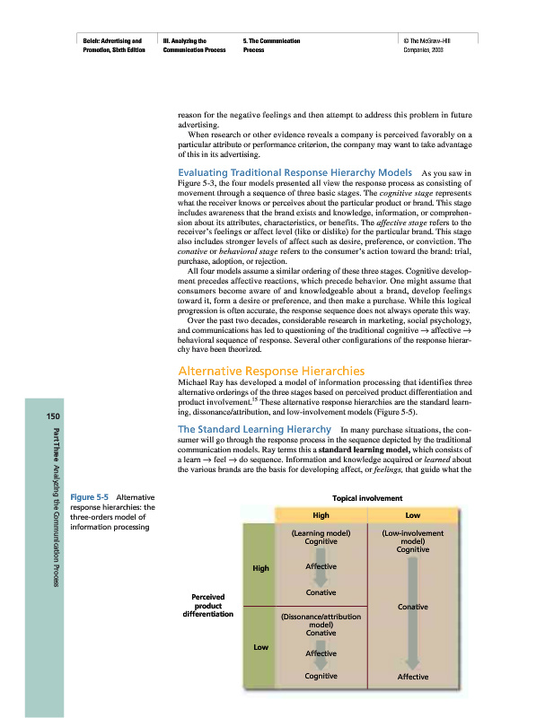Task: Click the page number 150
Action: click(x=41, y=416)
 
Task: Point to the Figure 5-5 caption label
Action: click(x=91, y=496)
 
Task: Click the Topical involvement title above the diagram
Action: click(x=367, y=497)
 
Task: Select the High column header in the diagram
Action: click(x=321, y=516)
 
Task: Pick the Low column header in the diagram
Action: click(x=412, y=516)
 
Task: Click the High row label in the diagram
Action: click(x=260, y=568)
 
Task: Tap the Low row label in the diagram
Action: click(x=260, y=646)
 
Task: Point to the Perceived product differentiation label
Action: click(x=207, y=606)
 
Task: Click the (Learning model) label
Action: click(x=321, y=533)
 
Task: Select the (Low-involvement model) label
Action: click(x=413, y=538)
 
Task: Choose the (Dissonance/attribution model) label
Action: click(x=321, y=621)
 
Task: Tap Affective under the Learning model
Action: click(x=321, y=567)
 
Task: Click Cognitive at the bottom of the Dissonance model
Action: click(x=321, y=675)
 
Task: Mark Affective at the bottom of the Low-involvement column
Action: click(x=413, y=677)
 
